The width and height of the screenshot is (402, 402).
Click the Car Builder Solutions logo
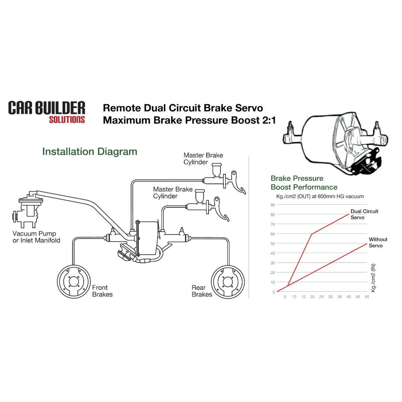(x=47, y=112)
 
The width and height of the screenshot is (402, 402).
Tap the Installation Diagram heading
(x=90, y=151)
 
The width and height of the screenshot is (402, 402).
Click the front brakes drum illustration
(x=73, y=282)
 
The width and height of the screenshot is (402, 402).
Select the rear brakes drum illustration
(x=227, y=282)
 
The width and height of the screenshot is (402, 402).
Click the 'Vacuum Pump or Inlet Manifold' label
(x=36, y=237)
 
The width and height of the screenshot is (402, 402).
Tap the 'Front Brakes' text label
(x=102, y=291)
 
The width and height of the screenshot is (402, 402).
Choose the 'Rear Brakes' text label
(x=202, y=291)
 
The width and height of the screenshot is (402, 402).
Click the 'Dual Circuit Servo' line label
(x=364, y=214)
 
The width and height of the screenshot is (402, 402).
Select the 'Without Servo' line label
(x=378, y=243)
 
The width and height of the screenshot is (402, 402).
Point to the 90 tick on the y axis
(x=273, y=205)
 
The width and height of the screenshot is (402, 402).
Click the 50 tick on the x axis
(x=367, y=297)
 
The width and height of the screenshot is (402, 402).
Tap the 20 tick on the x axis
(x=312, y=297)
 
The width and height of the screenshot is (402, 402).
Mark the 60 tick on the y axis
(x=273, y=234)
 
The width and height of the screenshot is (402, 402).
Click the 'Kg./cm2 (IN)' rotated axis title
(x=373, y=278)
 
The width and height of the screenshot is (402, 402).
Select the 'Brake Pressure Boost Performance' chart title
(x=304, y=183)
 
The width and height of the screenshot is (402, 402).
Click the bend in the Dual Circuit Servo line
(x=311, y=234)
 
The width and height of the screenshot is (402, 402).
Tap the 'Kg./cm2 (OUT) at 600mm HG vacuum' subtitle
(x=318, y=196)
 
